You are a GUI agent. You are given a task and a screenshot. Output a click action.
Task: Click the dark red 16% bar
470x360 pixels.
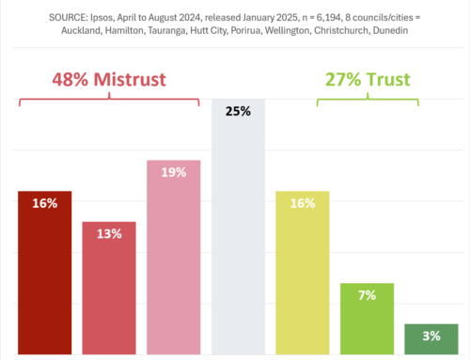[x=44, y=273]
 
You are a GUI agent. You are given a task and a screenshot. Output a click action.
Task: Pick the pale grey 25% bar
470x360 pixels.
[x=238, y=235]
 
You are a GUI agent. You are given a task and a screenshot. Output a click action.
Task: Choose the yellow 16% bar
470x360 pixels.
[x=302, y=273]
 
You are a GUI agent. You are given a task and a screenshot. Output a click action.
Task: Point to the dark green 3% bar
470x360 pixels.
[x=431, y=338]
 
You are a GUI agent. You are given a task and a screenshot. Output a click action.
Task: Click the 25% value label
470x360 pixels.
[x=238, y=111]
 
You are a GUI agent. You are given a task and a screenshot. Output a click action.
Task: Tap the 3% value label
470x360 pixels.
[x=431, y=335]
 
